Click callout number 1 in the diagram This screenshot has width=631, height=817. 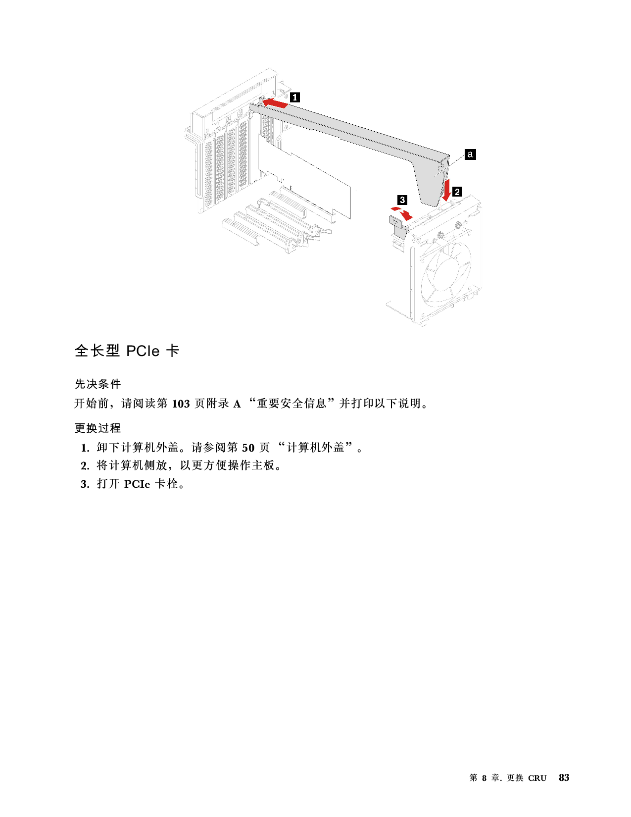[x=295, y=98]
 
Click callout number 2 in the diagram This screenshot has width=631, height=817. [x=457, y=192]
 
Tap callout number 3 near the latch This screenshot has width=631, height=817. [x=402, y=200]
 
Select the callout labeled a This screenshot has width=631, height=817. [x=470, y=154]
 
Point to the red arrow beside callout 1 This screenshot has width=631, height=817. [x=275, y=103]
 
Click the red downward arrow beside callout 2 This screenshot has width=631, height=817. [x=447, y=190]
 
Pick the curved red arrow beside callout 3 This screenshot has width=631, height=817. [x=403, y=213]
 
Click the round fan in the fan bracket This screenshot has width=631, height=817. [x=446, y=273]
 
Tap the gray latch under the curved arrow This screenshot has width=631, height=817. [x=397, y=226]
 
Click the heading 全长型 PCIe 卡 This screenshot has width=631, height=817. [x=127, y=351]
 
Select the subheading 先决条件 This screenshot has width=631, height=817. [x=97, y=384]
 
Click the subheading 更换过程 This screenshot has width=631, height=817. [x=97, y=428]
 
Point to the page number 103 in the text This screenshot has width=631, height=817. [x=181, y=404]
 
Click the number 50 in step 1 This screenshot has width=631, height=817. [x=248, y=448]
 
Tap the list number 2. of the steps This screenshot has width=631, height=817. [x=85, y=466]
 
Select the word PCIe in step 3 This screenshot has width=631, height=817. [x=137, y=484]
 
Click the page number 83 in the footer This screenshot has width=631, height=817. [x=564, y=777]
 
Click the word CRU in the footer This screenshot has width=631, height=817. [x=537, y=778]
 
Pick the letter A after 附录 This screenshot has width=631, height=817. [x=237, y=404]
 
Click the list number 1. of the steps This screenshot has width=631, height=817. [x=85, y=448]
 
